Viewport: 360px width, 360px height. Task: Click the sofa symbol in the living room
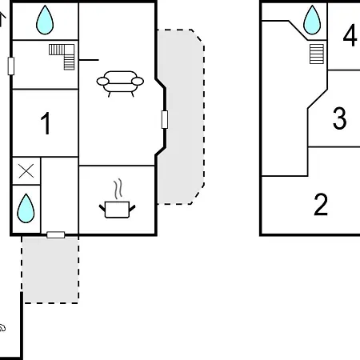point(120,83)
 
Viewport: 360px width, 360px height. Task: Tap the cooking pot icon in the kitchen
point(117,210)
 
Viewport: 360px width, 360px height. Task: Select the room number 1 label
point(46,123)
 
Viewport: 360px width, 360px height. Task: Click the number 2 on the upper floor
point(321,204)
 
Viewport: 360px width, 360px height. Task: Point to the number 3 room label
point(339,118)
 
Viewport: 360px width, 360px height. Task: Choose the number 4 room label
point(350,35)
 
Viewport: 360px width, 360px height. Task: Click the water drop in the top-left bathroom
point(45,20)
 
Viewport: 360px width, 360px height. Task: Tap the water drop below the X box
point(26,208)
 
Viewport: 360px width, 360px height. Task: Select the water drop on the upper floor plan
point(312,20)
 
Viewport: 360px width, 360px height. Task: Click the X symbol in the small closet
point(26,171)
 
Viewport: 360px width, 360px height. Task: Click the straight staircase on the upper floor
point(317,54)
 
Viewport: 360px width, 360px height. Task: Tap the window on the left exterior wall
point(11,66)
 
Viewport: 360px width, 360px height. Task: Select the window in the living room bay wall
point(165,119)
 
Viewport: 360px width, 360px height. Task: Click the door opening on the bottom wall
point(56,235)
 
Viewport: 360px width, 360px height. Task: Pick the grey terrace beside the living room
point(181,117)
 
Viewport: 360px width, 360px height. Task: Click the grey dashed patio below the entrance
point(50,270)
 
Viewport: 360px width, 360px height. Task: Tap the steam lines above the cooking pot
point(118,189)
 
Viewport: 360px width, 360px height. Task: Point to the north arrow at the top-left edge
point(2,19)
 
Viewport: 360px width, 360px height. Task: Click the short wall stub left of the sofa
point(89,60)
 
